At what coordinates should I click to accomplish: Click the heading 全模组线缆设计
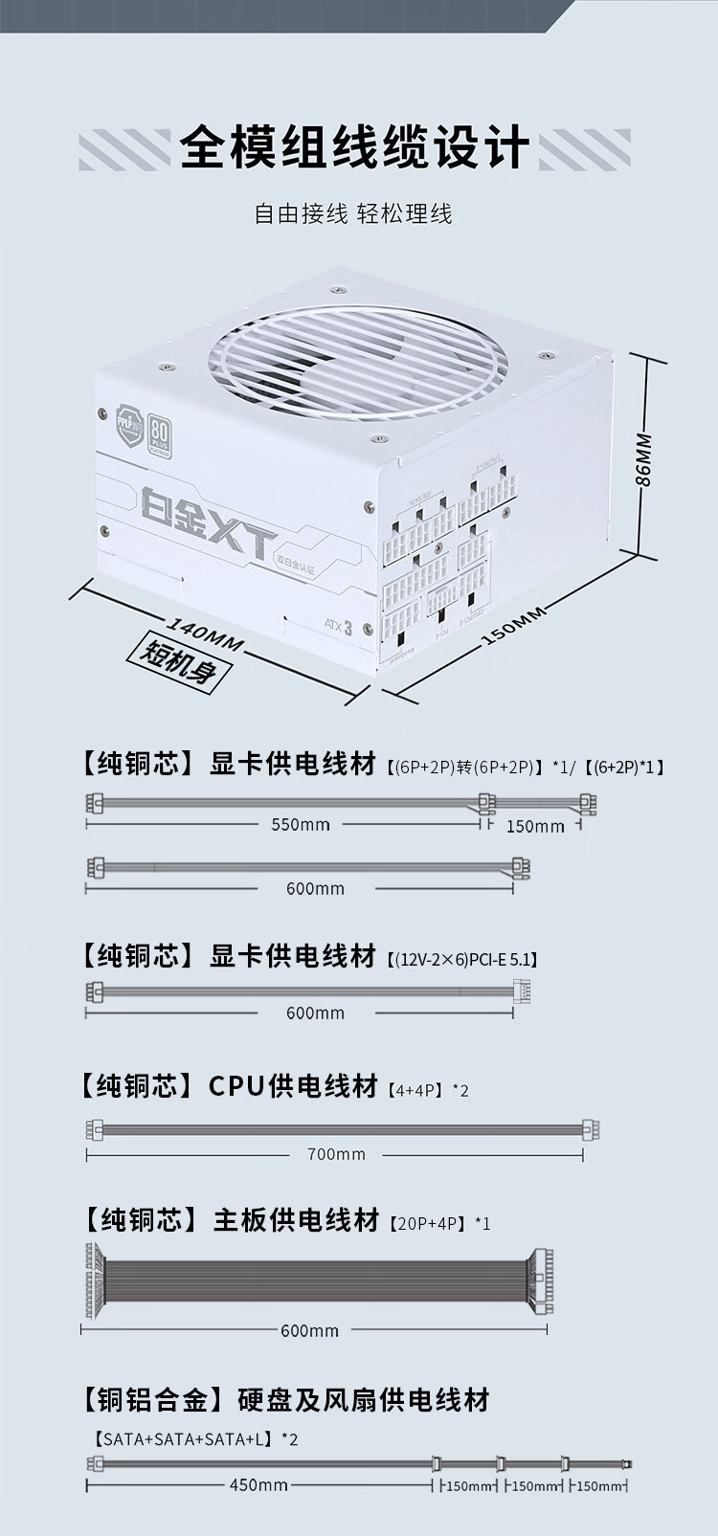coord(354,148)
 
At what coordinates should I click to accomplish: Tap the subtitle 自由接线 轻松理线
coord(352,213)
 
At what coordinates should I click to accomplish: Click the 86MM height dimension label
coord(644,459)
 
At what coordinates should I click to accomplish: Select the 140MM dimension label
coord(204,633)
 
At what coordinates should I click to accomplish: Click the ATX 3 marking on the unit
coord(338,627)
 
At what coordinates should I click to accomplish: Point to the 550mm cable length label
coord(300,824)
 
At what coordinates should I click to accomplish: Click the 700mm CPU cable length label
coord(336,1154)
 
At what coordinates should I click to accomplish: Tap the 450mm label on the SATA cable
coord(258,1485)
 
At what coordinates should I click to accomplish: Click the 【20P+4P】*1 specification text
coord(439,1223)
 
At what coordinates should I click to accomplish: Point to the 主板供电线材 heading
coord(295,1220)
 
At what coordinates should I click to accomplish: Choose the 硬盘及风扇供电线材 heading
coord(363,1400)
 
